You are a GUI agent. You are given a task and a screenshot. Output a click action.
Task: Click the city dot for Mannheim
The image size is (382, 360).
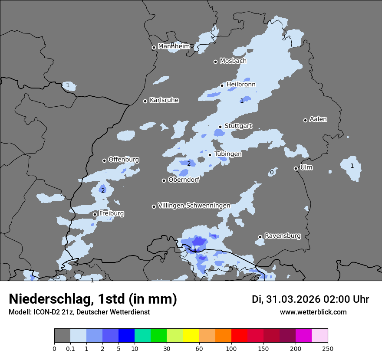click(154, 48)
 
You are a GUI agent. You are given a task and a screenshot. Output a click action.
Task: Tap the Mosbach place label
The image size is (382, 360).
click(233, 61)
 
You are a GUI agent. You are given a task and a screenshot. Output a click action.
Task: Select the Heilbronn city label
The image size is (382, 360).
click(241, 85)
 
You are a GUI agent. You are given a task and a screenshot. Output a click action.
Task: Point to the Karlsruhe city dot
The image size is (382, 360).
click(145, 101)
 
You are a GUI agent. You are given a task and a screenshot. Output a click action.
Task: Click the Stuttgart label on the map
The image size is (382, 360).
click(238, 126)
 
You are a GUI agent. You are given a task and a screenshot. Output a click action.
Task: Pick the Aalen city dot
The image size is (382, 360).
click(305, 120)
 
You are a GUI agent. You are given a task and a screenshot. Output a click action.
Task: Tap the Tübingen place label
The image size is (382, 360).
click(228, 154)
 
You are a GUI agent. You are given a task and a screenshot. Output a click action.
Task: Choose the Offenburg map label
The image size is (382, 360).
click(124, 160)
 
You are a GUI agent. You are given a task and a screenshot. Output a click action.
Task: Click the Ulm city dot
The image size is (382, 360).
click(296, 168)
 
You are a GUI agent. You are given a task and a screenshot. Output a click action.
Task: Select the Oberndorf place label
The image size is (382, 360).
click(184, 180)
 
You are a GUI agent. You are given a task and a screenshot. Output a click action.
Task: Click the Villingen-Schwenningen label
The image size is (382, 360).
click(194, 206)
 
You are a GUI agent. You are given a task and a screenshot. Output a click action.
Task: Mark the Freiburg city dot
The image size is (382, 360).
click(95, 214)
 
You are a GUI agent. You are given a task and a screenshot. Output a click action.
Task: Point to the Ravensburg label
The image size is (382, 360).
click(282, 236)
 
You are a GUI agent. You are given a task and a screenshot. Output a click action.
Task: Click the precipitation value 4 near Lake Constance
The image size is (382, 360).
click(195, 251)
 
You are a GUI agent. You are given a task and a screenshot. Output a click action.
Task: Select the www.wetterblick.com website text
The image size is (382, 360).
click(313, 312)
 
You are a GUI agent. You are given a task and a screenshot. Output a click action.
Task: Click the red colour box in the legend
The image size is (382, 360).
click(239, 336)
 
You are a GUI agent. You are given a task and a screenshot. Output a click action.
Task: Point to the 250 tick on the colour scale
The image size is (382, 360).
click(328, 348)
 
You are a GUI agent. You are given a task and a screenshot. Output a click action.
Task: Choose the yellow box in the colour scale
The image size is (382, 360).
click(191, 336)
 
